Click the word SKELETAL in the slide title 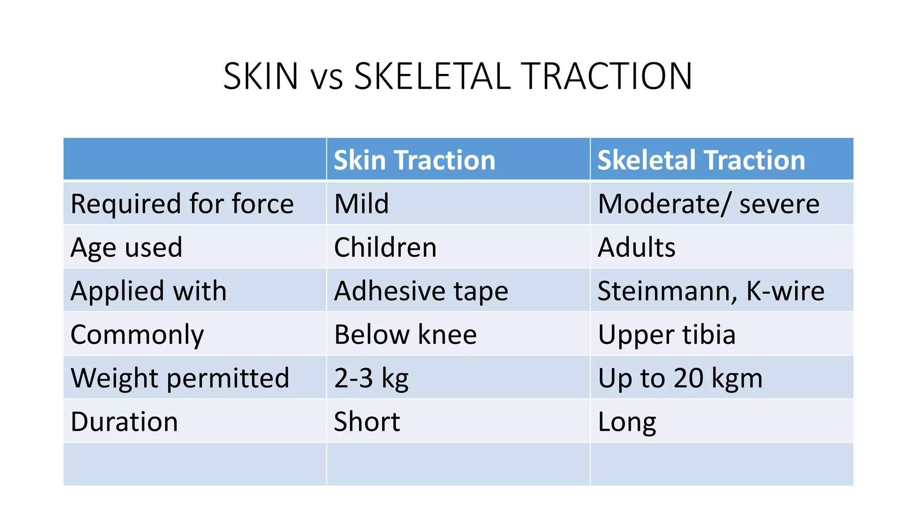click(432, 76)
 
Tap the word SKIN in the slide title click(261, 76)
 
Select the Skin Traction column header click(415, 160)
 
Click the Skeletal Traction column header click(701, 160)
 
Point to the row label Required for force click(182, 204)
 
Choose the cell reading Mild click(361, 204)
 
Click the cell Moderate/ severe click(708, 204)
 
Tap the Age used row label click(127, 247)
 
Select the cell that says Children click(385, 247)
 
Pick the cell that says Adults click(636, 247)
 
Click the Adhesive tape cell click(421, 291)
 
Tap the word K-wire click(785, 291)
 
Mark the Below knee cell click(405, 335)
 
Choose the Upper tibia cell click(667, 335)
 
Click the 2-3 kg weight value click(371, 378)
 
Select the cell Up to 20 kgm click(680, 378)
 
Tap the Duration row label click(124, 421)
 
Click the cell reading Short click(367, 421)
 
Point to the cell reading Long click(627, 421)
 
